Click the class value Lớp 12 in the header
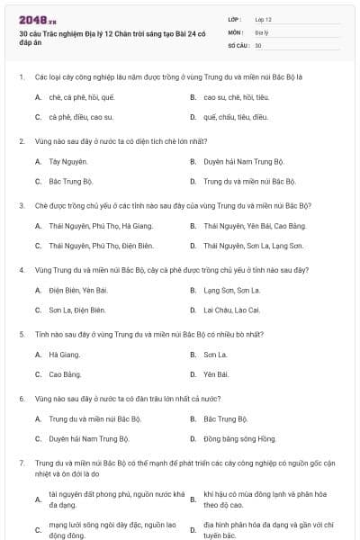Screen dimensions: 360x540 pos(263,19)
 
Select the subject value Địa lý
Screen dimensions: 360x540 pos(261,31)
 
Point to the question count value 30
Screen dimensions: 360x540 pos(258,44)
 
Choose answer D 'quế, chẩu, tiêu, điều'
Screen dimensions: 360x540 pos(236,117)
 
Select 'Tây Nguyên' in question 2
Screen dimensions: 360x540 pos(68,161)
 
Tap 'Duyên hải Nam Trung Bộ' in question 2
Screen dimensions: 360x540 pos(243,161)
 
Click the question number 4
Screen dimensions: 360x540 pos(22,270)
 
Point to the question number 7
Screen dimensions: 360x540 pos(22,463)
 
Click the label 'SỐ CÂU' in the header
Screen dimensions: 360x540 pos(238,44)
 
